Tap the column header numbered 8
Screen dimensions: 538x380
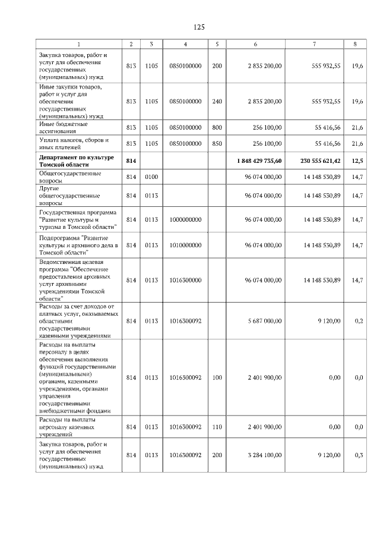coord(355,44)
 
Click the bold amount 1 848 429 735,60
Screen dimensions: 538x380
coord(258,161)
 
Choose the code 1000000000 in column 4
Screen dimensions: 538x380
coord(185,219)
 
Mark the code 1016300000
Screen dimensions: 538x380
coord(185,280)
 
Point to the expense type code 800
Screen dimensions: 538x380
coord(217,128)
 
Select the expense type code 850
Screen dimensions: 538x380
coord(217,144)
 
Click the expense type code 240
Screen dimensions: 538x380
coord(217,102)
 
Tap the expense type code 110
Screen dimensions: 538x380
coord(217,427)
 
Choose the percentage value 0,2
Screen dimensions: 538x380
coord(358,320)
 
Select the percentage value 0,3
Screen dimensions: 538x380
coord(358,455)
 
